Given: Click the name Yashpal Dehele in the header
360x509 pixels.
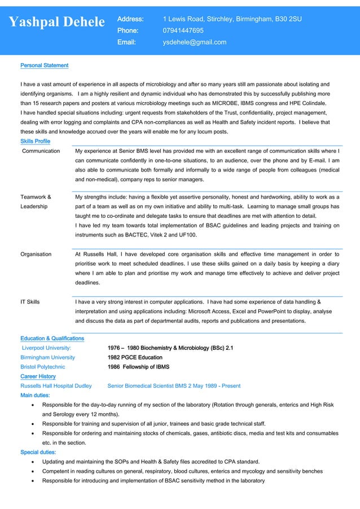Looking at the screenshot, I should click(57, 22).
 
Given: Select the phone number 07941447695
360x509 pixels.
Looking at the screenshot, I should click(183, 30).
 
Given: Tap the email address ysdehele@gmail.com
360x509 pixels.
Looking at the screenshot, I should click(194, 42).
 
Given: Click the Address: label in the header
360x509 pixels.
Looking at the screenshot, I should click(130, 19).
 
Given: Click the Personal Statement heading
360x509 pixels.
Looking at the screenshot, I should click(44, 65).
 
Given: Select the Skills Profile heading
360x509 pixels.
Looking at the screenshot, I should click(35, 141).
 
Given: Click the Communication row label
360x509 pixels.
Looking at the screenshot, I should click(41, 151).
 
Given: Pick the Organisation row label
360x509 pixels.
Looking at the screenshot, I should click(36, 254).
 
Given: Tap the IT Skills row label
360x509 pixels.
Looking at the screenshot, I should click(30, 302).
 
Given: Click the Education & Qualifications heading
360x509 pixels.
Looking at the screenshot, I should click(52, 338).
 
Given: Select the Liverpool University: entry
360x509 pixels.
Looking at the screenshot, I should click(46, 348).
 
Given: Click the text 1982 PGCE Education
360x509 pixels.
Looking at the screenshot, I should click(135, 357).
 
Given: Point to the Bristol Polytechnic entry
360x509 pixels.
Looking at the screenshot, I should click(42, 367).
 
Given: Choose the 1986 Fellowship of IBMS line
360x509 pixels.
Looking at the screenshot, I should click(138, 367).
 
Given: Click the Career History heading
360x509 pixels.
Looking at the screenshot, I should click(38, 376).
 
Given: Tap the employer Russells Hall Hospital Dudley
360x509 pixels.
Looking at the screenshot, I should click(56, 386).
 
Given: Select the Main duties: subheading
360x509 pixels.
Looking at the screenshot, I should click(35, 396).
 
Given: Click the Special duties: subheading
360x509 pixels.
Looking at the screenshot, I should click(38, 452).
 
